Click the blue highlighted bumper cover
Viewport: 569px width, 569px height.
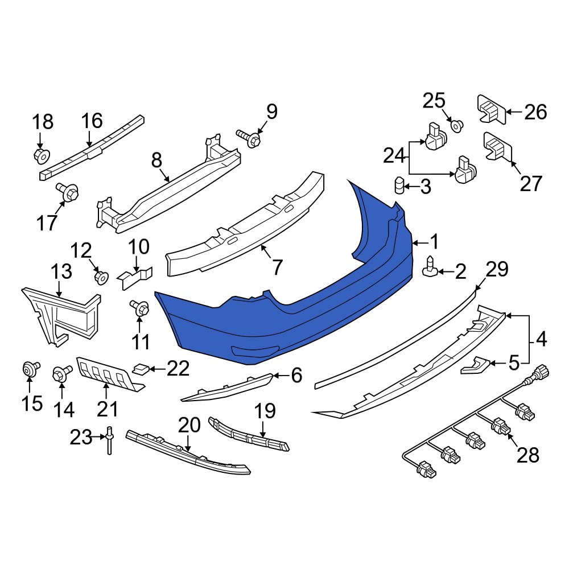pos(284,324)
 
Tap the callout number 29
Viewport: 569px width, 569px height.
pos(497,270)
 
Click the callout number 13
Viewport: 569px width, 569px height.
pos(61,271)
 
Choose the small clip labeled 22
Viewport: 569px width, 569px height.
pos(141,369)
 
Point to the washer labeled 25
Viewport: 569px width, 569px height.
pos(457,124)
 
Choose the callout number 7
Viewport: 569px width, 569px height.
pos(277,266)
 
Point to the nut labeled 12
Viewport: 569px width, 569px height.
pos(101,278)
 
